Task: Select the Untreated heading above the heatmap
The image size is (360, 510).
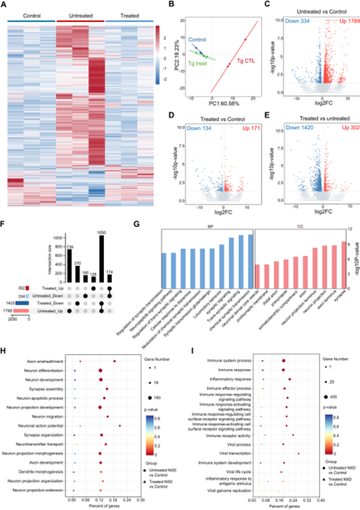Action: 80,16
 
